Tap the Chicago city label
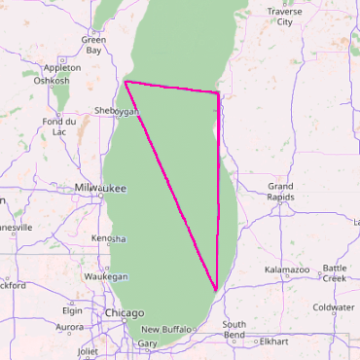(x=124, y=312)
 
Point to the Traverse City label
(x=284, y=17)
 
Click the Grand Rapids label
(x=281, y=191)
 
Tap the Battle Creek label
(x=334, y=272)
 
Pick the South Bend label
(x=234, y=330)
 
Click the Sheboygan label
(x=118, y=112)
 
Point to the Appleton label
(x=62, y=68)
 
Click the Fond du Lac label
(x=58, y=126)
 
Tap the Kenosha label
(x=109, y=238)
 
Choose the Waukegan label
(x=106, y=277)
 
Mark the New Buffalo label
(x=167, y=330)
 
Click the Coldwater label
(x=334, y=307)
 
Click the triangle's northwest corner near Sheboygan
(x=126, y=83)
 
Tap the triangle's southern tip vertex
(x=215, y=290)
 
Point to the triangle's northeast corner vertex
(x=218, y=93)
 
